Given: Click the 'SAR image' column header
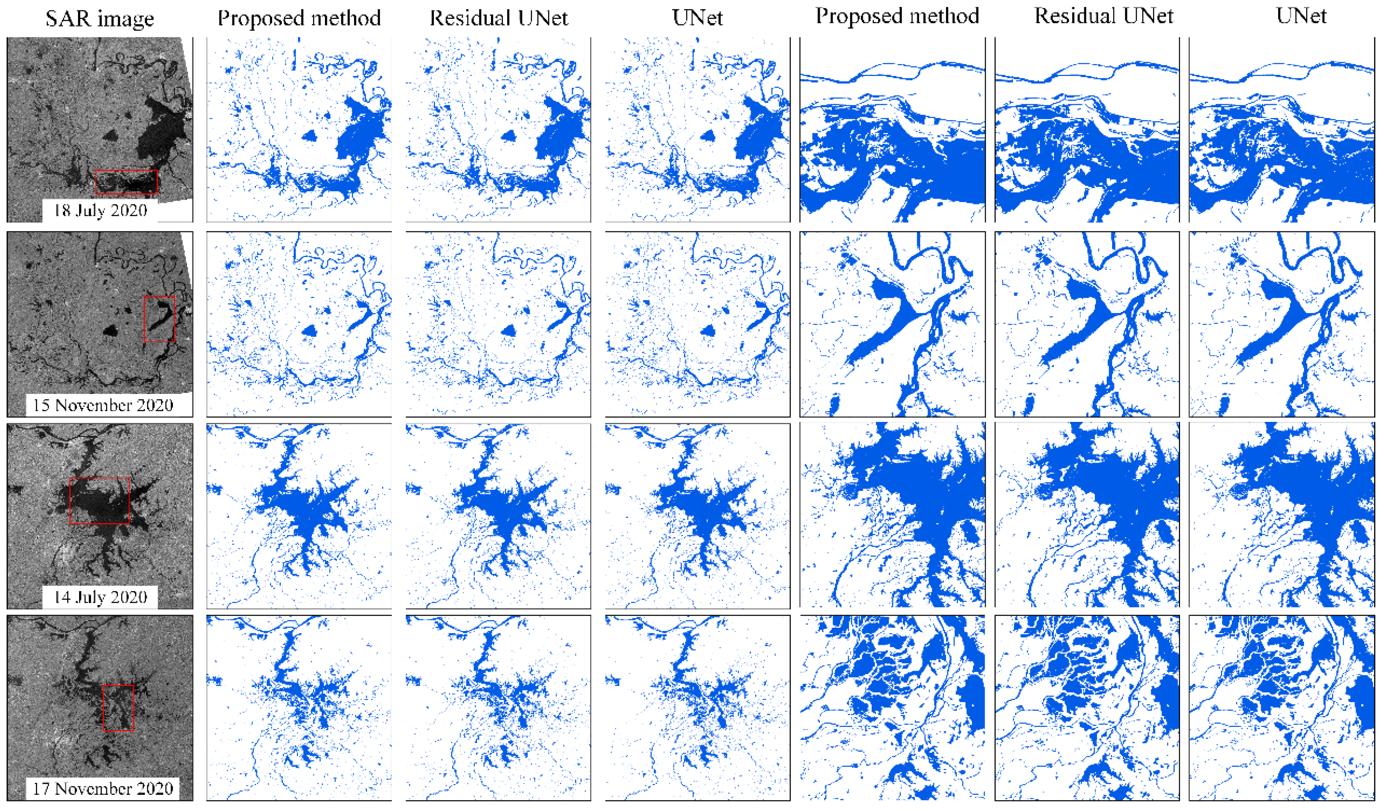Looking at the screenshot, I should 100,19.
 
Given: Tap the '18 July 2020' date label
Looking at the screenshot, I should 100,210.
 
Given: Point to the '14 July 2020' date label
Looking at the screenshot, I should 100,597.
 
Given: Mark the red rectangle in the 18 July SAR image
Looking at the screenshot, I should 126,182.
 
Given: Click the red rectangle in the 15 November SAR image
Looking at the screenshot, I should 159,319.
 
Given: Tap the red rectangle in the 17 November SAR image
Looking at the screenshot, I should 118,707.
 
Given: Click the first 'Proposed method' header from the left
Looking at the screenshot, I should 299,18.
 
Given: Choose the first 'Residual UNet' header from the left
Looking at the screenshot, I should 498,18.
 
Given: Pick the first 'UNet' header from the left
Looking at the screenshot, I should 697,18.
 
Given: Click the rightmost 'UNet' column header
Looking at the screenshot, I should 1300,16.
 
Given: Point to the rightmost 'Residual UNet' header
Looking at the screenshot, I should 1104,16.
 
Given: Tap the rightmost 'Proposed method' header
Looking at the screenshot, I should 897,16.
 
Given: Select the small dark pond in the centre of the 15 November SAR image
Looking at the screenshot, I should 110,330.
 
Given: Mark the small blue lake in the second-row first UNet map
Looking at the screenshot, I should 708,330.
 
